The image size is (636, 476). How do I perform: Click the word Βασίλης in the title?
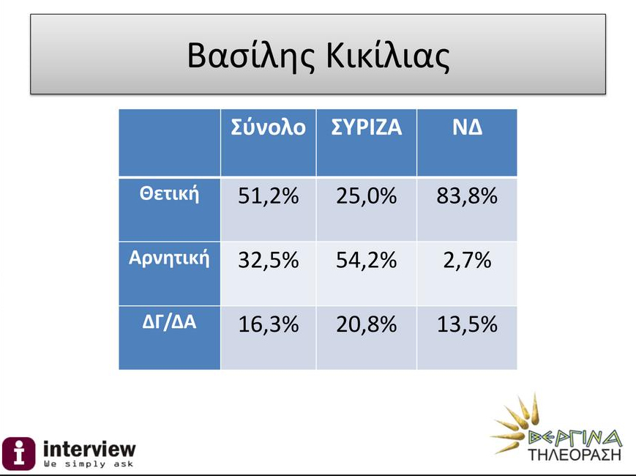point(251,56)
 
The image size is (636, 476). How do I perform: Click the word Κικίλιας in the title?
point(388,56)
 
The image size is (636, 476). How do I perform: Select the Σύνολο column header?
point(268,127)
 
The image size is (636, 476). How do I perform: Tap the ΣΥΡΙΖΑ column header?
point(366,127)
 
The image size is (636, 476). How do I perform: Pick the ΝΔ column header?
point(467,127)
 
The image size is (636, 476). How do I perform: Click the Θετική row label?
point(170,193)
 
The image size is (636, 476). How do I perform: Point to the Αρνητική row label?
point(169,258)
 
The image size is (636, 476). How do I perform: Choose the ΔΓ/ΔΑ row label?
point(169,321)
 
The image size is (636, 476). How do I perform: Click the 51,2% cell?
point(268,196)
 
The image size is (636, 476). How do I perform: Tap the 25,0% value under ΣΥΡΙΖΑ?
point(366,196)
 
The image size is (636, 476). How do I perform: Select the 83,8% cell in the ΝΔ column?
point(467,196)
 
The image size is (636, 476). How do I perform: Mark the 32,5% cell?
point(268,260)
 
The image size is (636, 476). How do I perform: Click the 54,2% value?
point(366,260)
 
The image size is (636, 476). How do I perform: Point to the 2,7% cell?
point(467,260)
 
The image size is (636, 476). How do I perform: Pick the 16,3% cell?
point(268,324)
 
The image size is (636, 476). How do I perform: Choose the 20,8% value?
point(366,324)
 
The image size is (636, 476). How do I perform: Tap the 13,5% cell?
point(467,324)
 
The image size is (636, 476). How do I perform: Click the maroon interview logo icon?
point(18,453)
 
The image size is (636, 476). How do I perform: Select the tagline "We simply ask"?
point(89,464)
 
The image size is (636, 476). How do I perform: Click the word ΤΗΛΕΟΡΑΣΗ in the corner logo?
point(575,454)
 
